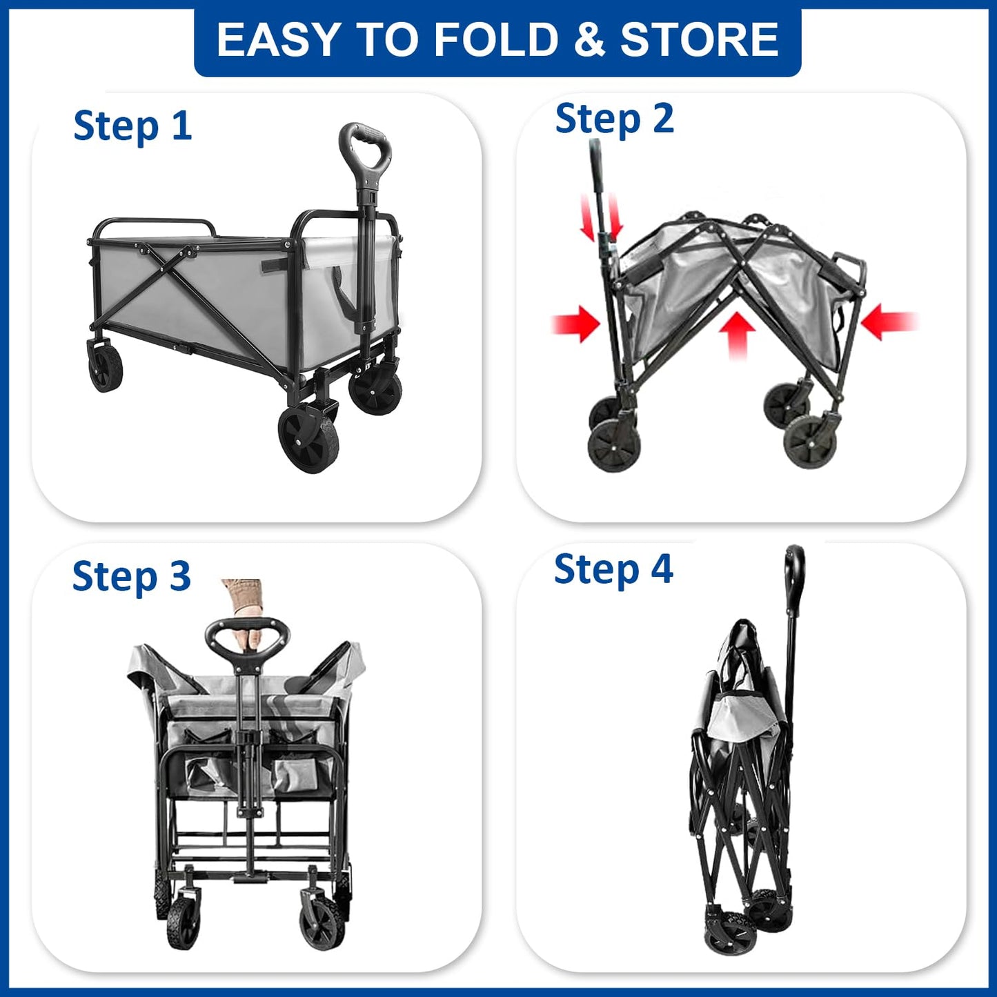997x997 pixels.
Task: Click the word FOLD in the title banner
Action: [495, 39]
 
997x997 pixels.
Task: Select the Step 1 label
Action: [132, 126]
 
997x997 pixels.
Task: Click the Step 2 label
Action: [614, 119]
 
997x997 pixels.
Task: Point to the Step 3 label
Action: [131, 576]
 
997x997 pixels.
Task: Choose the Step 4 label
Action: [613, 570]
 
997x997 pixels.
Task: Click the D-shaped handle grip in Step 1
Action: [366, 146]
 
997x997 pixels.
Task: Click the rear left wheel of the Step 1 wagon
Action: [106, 365]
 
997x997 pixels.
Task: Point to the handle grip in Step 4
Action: [794, 569]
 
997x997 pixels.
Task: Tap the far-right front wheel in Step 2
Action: [811, 442]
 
